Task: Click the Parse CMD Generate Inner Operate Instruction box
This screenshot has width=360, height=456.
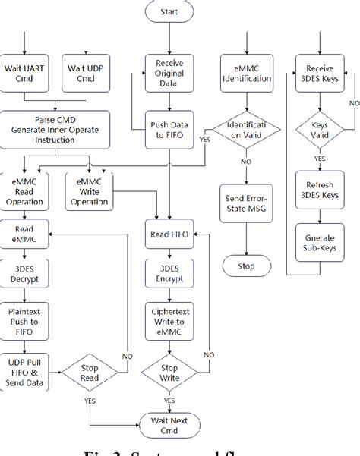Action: click(55, 127)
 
